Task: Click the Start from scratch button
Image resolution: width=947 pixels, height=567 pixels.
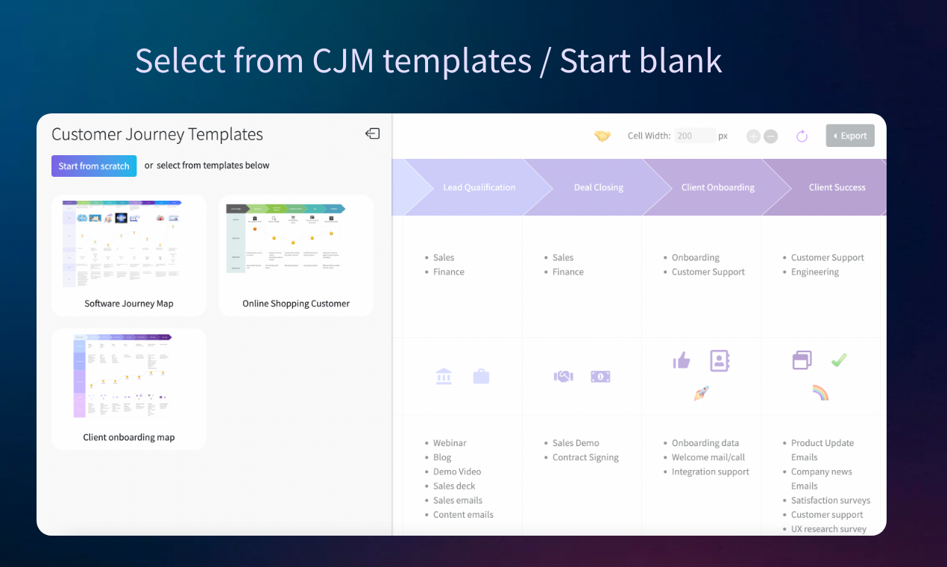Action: pyautogui.click(x=94, y=166)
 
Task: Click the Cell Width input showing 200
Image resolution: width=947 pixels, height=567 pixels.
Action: pyautogui.click(x=694, y=136)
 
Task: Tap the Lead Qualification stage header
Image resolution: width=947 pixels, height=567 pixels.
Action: pyautogui.click(x=479, y=187)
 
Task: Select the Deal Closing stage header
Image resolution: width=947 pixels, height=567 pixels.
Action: pyautogui.click(x=598, y=187)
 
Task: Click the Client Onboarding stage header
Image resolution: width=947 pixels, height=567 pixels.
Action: pyautogui.click(x=717, y=187)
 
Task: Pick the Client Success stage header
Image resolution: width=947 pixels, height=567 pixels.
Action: pyautogui.click(x=837, y=187)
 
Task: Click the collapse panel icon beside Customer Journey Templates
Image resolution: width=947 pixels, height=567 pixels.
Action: pyautogui.click(x=372, y=134)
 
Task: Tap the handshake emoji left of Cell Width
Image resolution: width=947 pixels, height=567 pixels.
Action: pyautogui.click(x=603, y=136)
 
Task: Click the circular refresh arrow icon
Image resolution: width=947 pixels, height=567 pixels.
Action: pyautogui.click(x=802, y=136)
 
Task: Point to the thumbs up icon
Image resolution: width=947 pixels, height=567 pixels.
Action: pyautogui.click(x=682, y=361)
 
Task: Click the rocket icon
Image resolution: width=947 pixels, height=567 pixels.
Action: pyautogui.click(x=701, y=393)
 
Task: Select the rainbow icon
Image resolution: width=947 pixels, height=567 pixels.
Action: pyautogui.click(x=820, y=393)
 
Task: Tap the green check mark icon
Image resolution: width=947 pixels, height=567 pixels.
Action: pyautogui.click(x=839, y=360)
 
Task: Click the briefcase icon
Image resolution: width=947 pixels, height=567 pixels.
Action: pyautogui.click(x=481, y=377)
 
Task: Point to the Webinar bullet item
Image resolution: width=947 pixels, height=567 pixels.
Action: pyautogui.click(x=450, y=443)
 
